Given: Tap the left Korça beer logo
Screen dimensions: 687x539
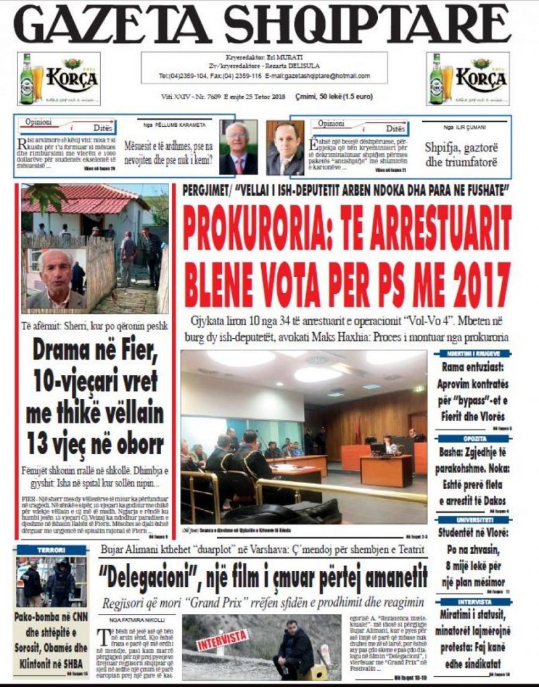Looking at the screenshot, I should click(58, 78).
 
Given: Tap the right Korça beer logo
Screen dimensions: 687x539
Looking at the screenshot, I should click(468, 78).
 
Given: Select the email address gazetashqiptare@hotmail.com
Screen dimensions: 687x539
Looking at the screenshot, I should click(326, 76).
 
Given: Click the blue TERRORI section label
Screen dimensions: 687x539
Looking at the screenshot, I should click(52, 549).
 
